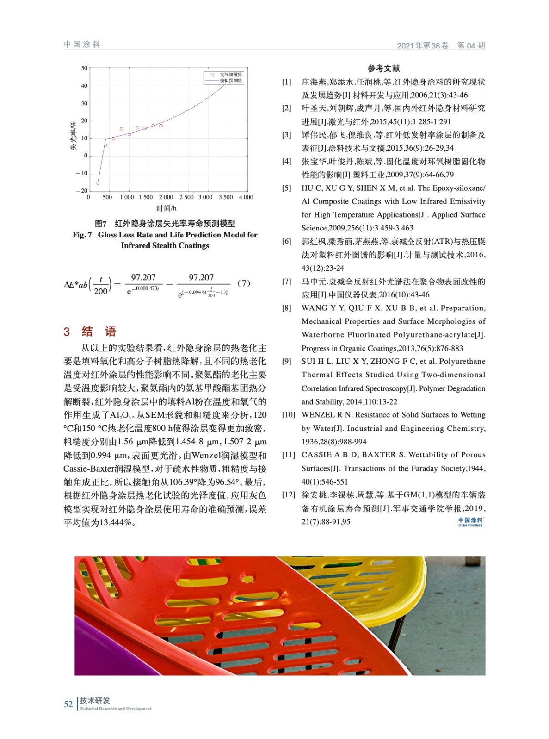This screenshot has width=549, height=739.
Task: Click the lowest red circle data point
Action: coord(98,183)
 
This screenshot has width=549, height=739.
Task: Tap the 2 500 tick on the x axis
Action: coord(186,197)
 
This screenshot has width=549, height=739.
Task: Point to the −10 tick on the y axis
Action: coord(81,173)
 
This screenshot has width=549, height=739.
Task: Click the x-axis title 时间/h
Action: coord(166,208)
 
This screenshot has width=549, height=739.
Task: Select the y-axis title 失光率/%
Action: coord(73,136)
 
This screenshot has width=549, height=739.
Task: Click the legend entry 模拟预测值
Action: coord(231,80)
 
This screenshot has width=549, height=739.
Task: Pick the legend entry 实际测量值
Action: coord(231,74)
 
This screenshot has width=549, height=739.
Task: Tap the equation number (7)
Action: coord(244,284)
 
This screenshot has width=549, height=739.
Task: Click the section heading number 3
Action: coord(67,332)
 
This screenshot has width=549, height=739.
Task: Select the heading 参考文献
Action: coord(383,68)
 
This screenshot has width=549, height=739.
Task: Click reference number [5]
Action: coord(287,188)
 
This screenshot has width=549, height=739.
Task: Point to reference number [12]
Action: coord(289,495)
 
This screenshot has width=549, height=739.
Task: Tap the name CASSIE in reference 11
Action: coord(314,455)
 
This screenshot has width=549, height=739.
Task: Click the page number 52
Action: coord(68,704)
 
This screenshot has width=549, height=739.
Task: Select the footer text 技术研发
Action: coord(94,700)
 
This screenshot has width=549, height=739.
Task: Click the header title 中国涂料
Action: coord(82,44)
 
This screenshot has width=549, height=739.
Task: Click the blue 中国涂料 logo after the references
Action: coord(470,521)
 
